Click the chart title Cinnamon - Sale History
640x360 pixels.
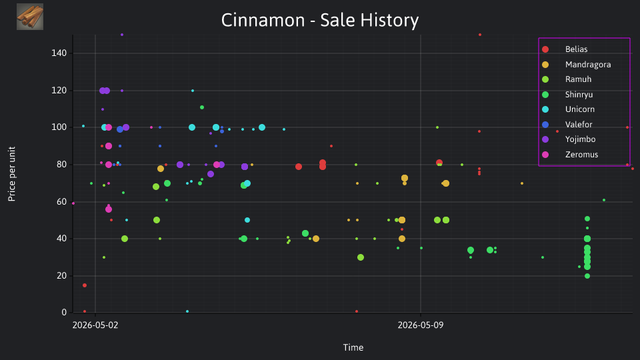pos(320,20)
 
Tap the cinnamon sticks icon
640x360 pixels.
pos(30,17)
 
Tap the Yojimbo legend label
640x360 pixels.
pos(580,139)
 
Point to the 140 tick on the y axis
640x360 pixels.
pos(59,53)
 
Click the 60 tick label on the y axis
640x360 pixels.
pos(61,201)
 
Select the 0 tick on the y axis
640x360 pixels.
pos(64,313)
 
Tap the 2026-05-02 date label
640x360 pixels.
pos(95,325)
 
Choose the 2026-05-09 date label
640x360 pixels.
pos(421,325)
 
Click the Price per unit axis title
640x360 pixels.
pos(11,174)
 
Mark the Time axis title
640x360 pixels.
pos(353,348)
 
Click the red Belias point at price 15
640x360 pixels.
pos(85,285)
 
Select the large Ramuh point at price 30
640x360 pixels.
pos(361,257)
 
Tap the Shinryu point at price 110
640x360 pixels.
pos(201,107)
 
